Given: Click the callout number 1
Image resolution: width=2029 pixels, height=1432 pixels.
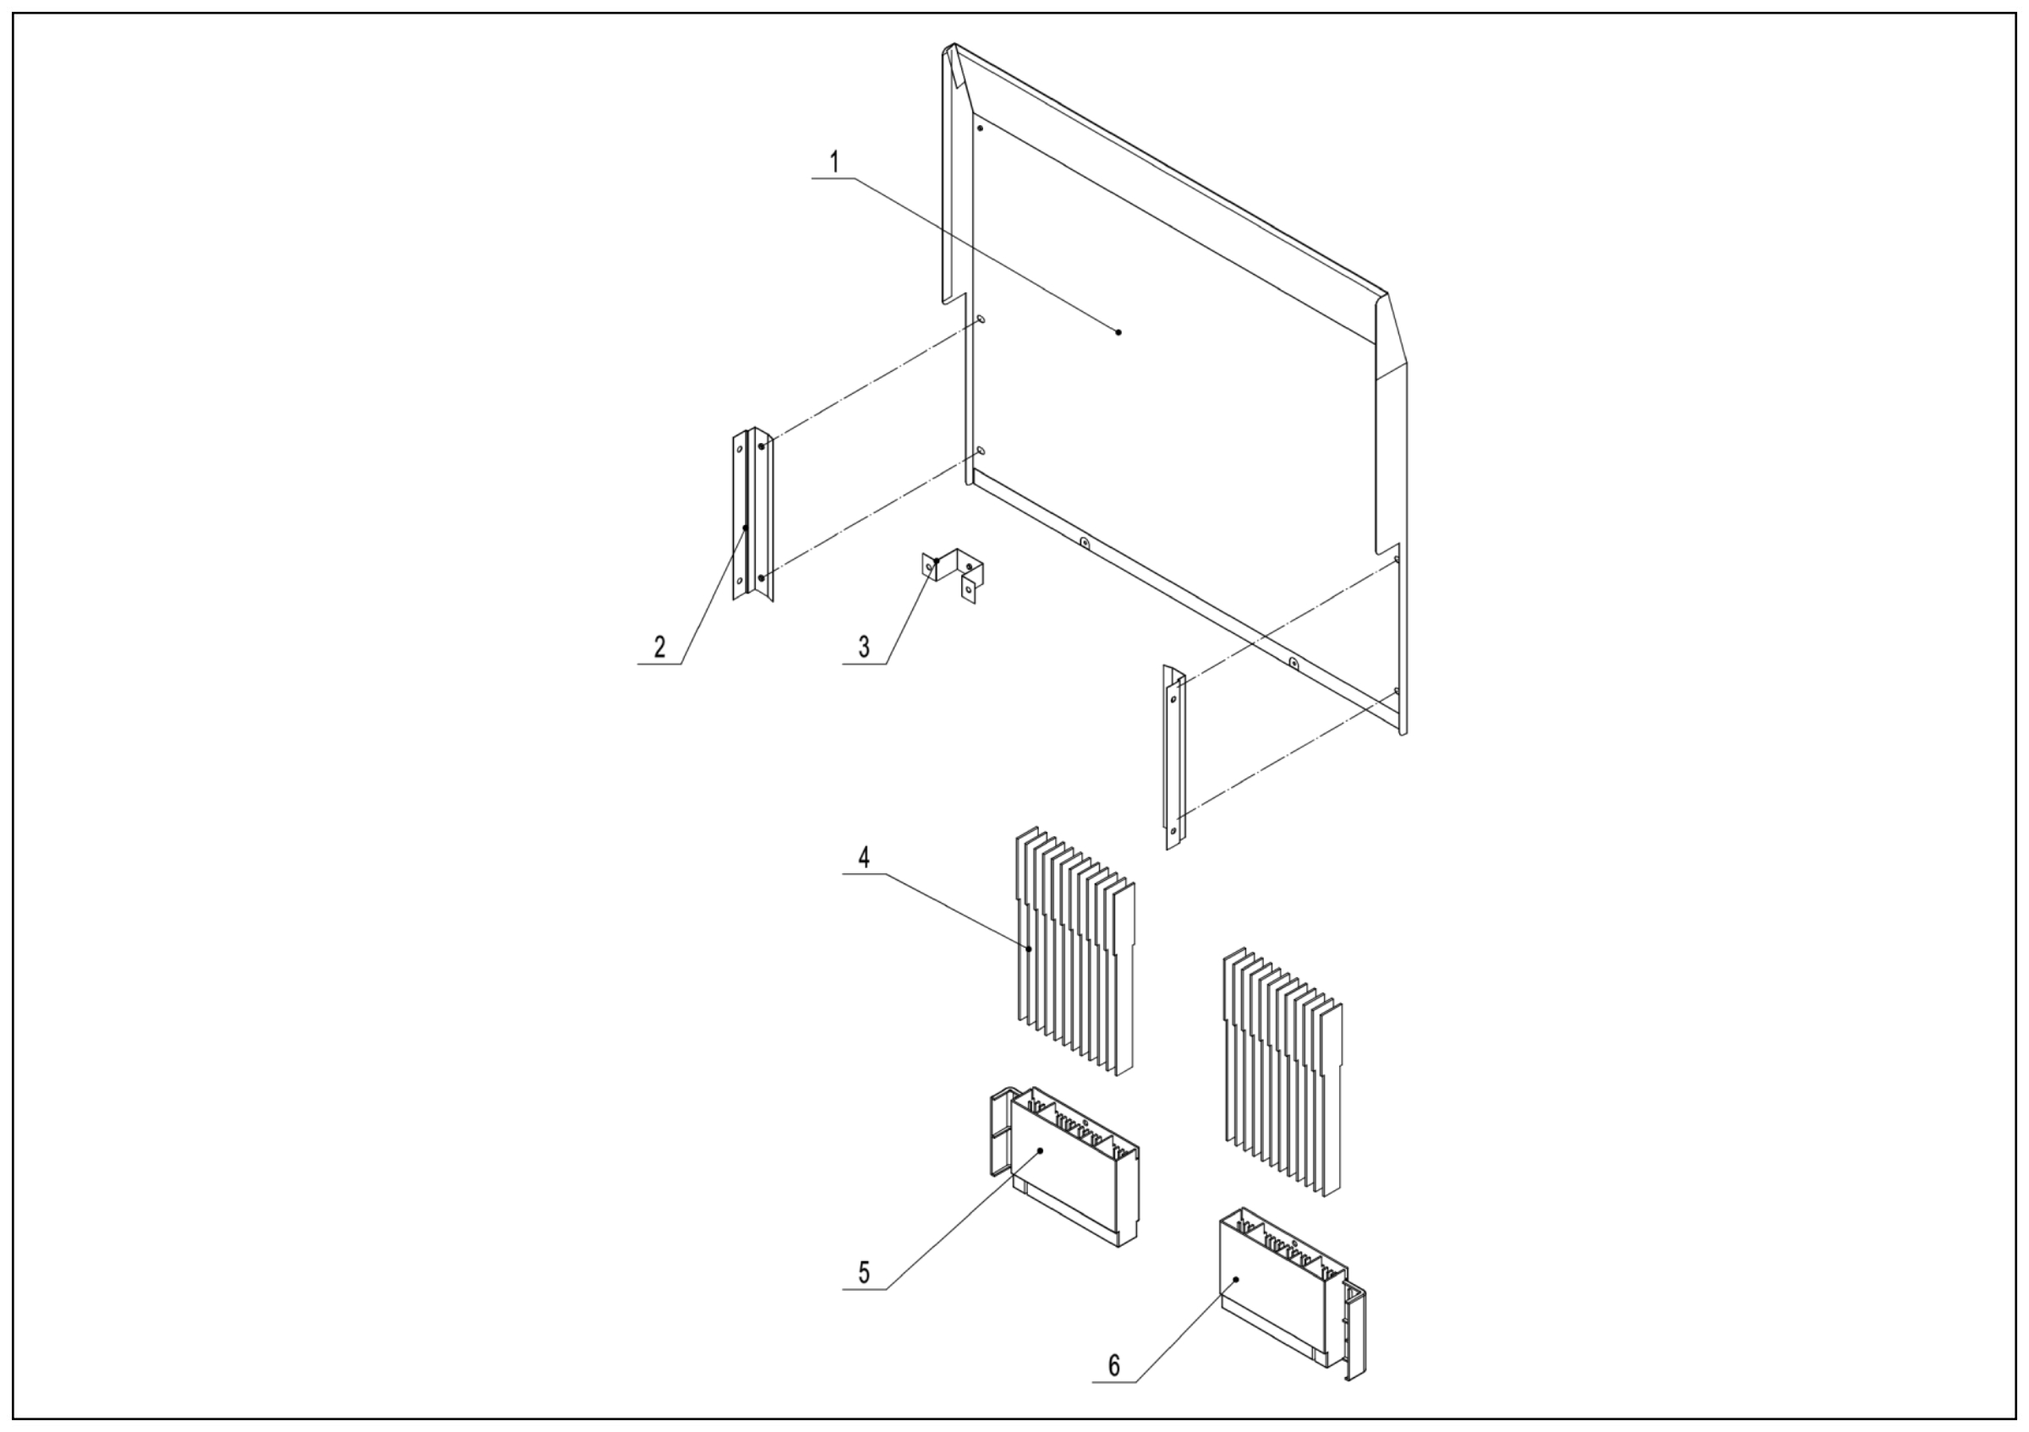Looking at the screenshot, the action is (x=834, y=163).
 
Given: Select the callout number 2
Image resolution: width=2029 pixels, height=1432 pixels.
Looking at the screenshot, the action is (x=659, y=648).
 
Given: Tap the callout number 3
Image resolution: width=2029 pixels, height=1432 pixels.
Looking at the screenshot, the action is (x=863, y=648).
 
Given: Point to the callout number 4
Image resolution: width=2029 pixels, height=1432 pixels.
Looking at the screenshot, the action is (x=863, y=858).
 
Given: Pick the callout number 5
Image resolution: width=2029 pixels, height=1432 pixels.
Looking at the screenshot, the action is (x=863, y=1273).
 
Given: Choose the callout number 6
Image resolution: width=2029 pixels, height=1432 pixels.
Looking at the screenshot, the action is (x=1113, y=1366).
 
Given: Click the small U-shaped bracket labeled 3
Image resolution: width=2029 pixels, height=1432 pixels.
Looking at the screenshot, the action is (x=954, y=574).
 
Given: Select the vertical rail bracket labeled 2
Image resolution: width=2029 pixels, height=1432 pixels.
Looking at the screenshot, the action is (x=753, y=514).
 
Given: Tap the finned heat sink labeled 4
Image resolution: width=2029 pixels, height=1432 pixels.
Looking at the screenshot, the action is (x=1075, y=952).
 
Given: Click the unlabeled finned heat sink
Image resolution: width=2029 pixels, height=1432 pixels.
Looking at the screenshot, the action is (x=1283, y=1073).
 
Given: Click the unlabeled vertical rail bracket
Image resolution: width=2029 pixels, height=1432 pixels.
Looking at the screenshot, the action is (x=1175, y=757).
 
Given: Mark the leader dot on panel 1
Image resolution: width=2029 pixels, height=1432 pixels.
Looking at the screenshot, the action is (x=1118, y=332).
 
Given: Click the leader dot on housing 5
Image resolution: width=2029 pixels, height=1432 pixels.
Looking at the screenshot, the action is (x=1040, y=1151).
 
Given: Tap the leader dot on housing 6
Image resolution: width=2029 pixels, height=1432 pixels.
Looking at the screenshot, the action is (x=1236, y=1278).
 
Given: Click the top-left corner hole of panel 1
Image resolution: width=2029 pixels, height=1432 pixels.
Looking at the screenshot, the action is (x=980, y=129).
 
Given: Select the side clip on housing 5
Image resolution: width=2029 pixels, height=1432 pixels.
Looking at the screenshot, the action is (x=998, y=1134).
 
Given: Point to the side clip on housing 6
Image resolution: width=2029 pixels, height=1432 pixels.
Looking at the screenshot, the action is (x=1355, y=1333).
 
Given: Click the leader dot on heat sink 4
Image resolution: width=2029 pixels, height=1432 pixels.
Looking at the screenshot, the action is (x=1030, y=948).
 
